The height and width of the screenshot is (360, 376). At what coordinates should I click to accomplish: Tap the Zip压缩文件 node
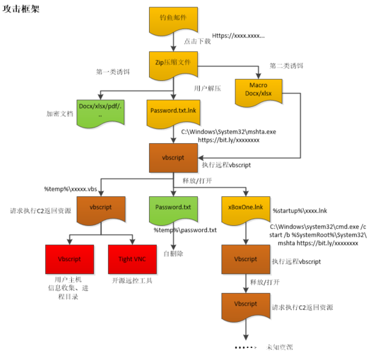[x=173, y=61]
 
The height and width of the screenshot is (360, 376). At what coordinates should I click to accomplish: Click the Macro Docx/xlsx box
[x=258, y=91]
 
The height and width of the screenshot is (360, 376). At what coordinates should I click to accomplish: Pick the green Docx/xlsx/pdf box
[x=99, y=111]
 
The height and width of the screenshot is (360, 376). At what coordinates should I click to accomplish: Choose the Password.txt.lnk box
[x=173, y=111]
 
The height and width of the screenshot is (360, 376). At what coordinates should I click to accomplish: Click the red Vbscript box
[x=70, y=259]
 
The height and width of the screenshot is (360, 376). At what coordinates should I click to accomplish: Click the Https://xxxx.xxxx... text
[x=238, y=36]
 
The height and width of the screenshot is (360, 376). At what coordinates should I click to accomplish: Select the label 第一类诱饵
[x=114, y=71]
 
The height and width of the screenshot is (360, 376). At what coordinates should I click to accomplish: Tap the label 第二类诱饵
[x=286, y=66]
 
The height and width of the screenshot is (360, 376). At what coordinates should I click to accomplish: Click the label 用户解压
[x=207, y=88]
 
